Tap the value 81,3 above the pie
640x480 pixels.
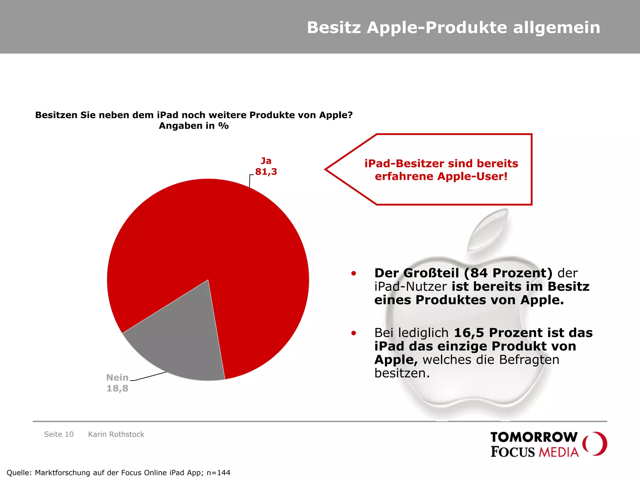[x=266, y=172]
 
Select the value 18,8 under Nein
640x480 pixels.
[x=117, y=388]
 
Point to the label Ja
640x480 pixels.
[x=266, y=161]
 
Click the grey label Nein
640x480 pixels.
[x=117, y=377]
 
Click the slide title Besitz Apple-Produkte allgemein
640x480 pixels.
[x=453, y=27]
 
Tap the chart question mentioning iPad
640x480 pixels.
[x=194, y=115]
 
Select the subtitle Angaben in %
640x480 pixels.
[x=194, y=126]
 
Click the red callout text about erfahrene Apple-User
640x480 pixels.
[x=441, y=170]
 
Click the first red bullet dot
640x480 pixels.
[x=353, y=273]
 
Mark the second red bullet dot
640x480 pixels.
[x=353, y=333]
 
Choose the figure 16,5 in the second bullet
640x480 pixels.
[x=469, y=333]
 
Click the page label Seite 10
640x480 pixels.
[x=59, y=434]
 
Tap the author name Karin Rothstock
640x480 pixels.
[x=116, y=434]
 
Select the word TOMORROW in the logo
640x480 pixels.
[x=534, y=437]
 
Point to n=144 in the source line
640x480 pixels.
[x=218, y=473]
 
